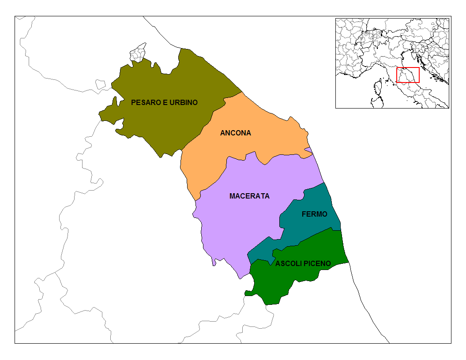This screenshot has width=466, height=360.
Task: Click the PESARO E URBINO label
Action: point(164,102)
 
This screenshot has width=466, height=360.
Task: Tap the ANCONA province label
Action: point(235,133)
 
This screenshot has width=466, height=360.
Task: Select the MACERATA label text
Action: point(249,196)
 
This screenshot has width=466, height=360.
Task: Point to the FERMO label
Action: point(314,214)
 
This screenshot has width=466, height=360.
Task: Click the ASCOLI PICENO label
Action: point(303,264)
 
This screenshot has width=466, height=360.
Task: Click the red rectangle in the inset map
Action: point(408,75)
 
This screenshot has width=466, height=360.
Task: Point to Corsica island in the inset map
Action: point(378,88)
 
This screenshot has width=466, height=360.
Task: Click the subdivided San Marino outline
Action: point(138,52)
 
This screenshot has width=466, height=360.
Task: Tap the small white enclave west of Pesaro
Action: point(101,83)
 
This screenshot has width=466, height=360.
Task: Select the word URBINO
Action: point(183,102)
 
